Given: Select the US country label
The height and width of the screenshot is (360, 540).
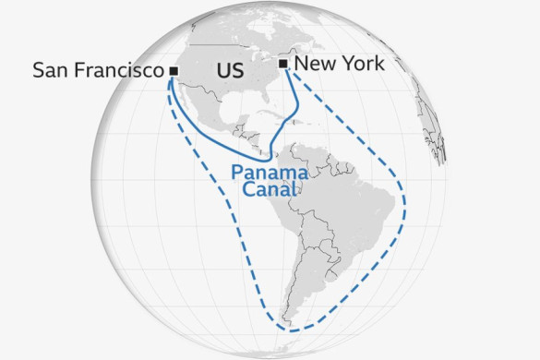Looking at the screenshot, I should pyautogui.click(x=230, y=71).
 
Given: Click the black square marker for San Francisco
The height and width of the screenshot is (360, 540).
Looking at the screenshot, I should pyautogui.click(x=174, y=69).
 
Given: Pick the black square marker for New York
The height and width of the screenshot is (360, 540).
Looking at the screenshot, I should pyautogui.click(x=283, y=64).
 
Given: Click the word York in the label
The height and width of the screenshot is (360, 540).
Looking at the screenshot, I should pyautogui.click(x=360, y=64).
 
